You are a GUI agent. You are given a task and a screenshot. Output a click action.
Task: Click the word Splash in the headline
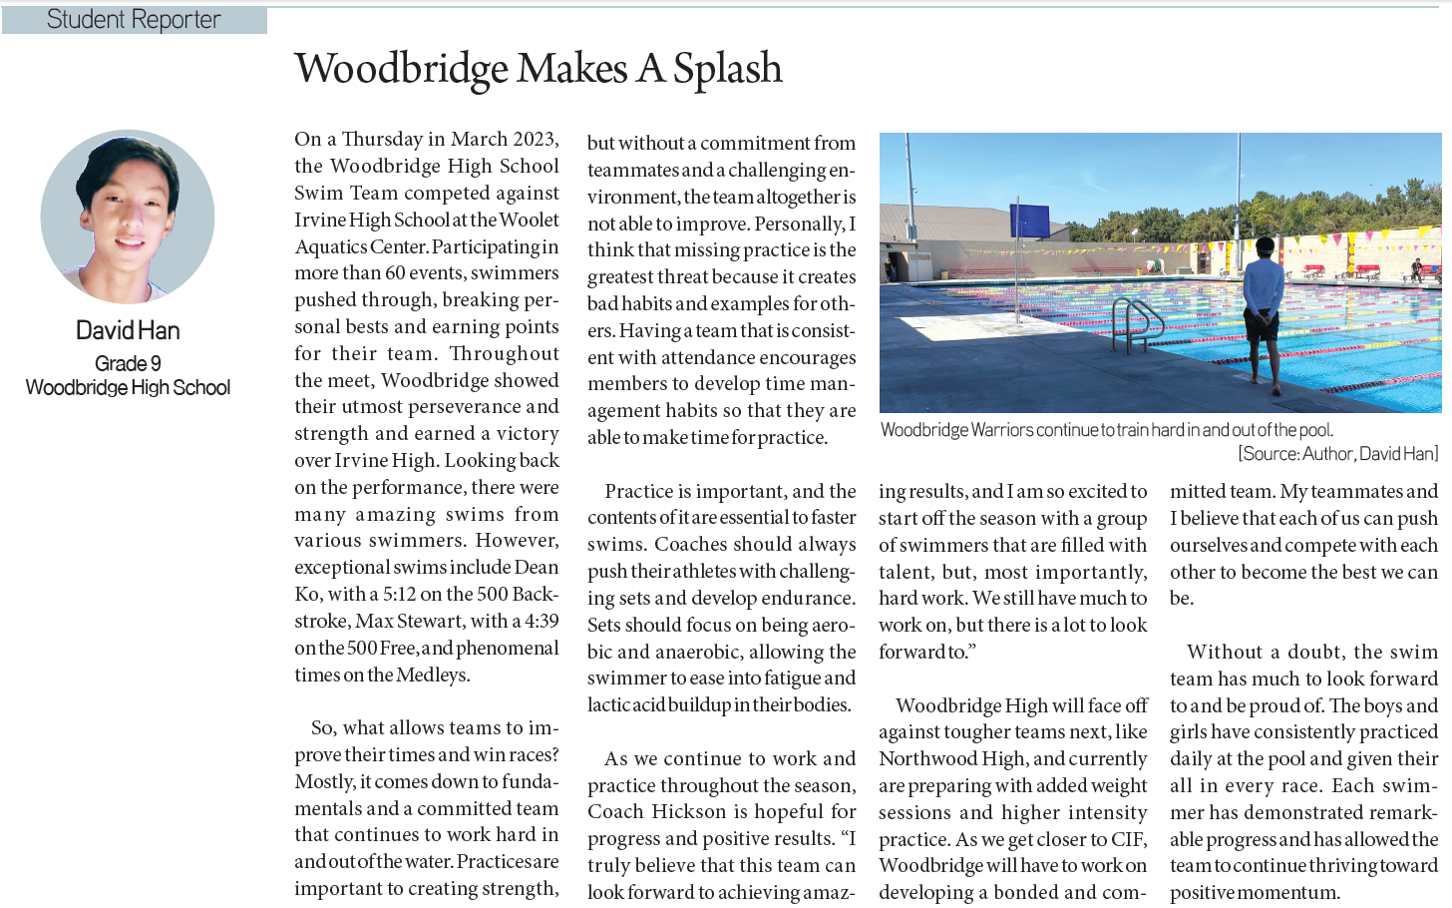click(727, 69)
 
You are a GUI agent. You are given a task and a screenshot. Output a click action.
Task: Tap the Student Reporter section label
click(134, 20)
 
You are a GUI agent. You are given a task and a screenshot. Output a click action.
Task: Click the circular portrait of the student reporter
click(128, 217)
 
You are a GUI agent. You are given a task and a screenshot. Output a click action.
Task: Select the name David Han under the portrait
click(128, 330)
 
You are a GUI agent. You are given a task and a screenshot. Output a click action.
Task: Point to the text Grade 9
click(128, 363)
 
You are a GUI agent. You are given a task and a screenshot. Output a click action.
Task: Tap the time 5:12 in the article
click(398, 594)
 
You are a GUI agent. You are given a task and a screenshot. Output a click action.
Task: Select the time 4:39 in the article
click(542, 621)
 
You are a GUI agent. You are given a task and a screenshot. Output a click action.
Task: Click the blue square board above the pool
click(1029, 220)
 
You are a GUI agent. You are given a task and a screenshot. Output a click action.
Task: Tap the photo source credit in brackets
click(1338, 454)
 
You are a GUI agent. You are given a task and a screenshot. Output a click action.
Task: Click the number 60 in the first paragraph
click(395, 272)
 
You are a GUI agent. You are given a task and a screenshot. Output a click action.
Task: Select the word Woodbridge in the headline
click(402, 69)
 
